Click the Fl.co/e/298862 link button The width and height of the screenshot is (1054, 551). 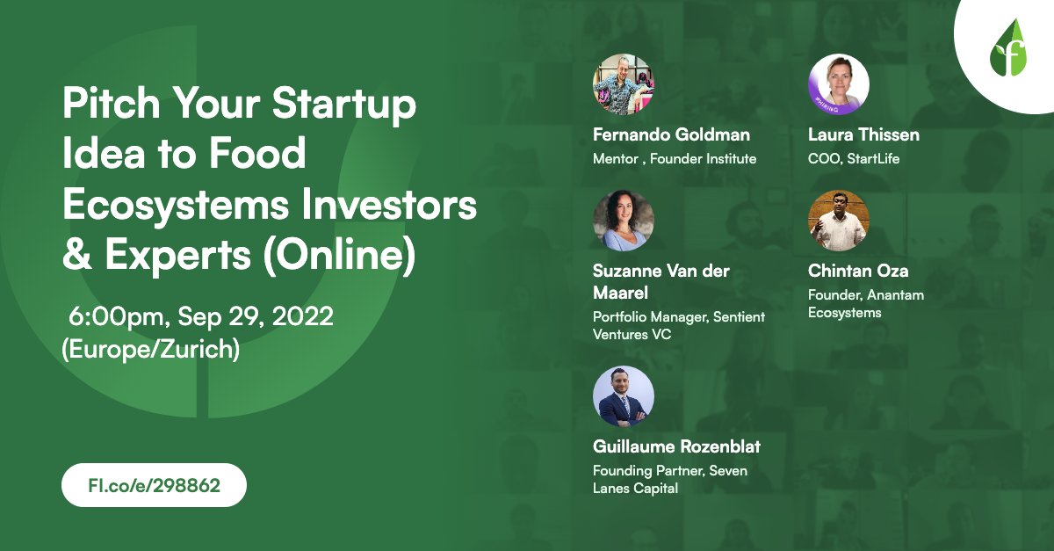pos(154,484)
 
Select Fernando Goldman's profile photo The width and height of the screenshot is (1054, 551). pos(623,85)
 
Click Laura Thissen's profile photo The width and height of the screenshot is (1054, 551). pos(838,85)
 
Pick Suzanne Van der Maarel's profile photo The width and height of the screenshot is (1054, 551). pos(623,221)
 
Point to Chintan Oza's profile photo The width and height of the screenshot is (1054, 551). pos(838,221)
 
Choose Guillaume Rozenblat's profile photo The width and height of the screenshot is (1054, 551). pos(623,396)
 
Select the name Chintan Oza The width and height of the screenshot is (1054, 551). pos(858,271)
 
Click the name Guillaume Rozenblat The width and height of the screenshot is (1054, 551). pos(676,446)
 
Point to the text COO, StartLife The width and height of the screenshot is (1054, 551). pos(854,159)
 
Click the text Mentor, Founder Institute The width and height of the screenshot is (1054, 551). pos(675,159)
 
